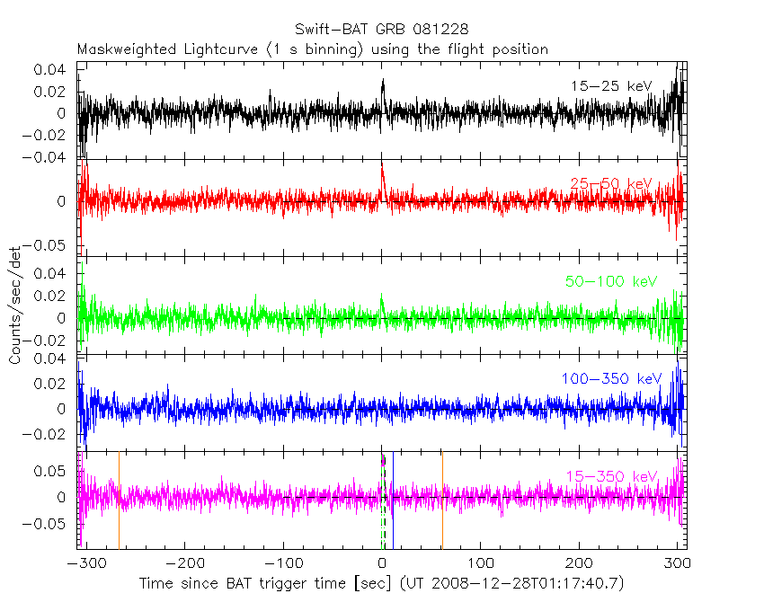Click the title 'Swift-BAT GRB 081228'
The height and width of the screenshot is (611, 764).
pyautogui.click(x=381, y=31)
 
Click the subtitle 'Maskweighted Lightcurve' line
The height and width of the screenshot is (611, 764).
pyautogui.click(x=313, y=49)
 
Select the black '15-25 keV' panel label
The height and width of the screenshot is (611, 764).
pyautogui.click(x=610, y=85)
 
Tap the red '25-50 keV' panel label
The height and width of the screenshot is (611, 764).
pyautogui.click(x=610, y=183)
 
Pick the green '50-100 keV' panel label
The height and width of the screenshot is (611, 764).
pyautogui.click(x=611, y=281)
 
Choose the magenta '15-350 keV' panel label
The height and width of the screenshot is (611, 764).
pyautogui.click(x=611, y=475)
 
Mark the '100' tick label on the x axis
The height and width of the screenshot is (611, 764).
pyautogui.click(x=481, y=564)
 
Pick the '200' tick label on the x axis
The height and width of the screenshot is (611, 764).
pyautogui.click(x=580, y=564)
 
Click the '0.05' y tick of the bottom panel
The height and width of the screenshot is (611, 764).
pyautogui.click(x=53, y=470)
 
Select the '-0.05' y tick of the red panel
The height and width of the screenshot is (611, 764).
pyautogui.click(x=49, y=244)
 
